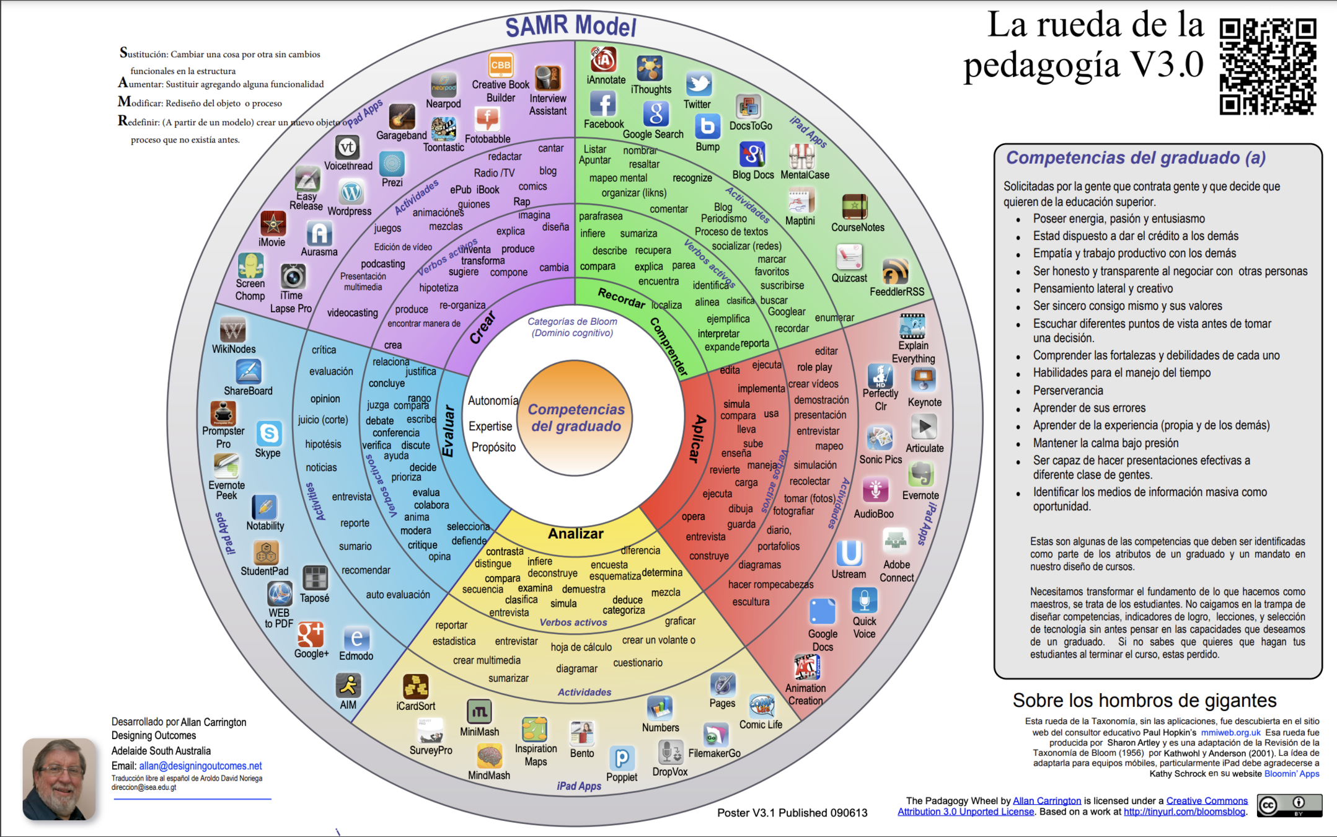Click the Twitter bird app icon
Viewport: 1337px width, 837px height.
click(699, 84)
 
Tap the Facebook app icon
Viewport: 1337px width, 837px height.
click(602, 104)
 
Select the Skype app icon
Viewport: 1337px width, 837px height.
click(269, 433)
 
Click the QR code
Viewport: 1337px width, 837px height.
click(1268, 66)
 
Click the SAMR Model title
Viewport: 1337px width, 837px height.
click(571, 26)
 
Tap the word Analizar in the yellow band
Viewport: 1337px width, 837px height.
click(575, 533)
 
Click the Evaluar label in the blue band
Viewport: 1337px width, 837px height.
click(449, 431)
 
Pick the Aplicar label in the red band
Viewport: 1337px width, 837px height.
click(697, 438)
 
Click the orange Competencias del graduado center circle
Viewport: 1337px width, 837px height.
click(575, 418)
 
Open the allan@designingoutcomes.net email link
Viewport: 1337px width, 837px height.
click(200, 766)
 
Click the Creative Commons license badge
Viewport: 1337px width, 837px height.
click(1289, 805)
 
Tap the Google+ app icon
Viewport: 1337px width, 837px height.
click(310, 634)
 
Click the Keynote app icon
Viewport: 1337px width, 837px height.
click(923, 380)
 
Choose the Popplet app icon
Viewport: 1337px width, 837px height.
click(622, 758)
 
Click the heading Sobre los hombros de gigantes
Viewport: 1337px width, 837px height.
click(1144, 700)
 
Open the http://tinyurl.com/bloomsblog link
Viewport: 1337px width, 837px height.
click(1184, 812)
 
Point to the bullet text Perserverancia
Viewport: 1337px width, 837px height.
click(1067, 391)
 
